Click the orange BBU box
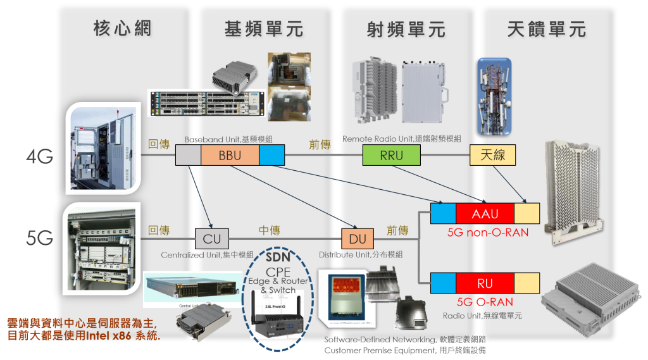pyautogui.click(x=230, y=156)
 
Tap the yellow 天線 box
pyautogui.click(x=494, y=156)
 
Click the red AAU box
pyautogui.click(x=485, y=214)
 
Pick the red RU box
pyautogui.click(x=485, y=282)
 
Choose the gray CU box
pyautogui.click(x=212, y=239)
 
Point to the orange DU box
pyautogui.click(x=358, y=239)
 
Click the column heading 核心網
pyautogui.click(x=123, y=28)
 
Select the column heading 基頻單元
pyautogui.click(x=264, y=29)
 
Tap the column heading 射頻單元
pyautogui.click(x=406, y=29)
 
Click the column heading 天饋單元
pyautogui.click(x=547, y=29)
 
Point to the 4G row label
pyautogui.click(x=40, y=156)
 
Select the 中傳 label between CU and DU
pyautogui.click(x=270, y=230)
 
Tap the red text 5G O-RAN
pyautogui.click(x=485, y=302)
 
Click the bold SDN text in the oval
pyautogui.click(x=277, y=258)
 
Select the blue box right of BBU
pyautogui.click(x=272, y=156)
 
